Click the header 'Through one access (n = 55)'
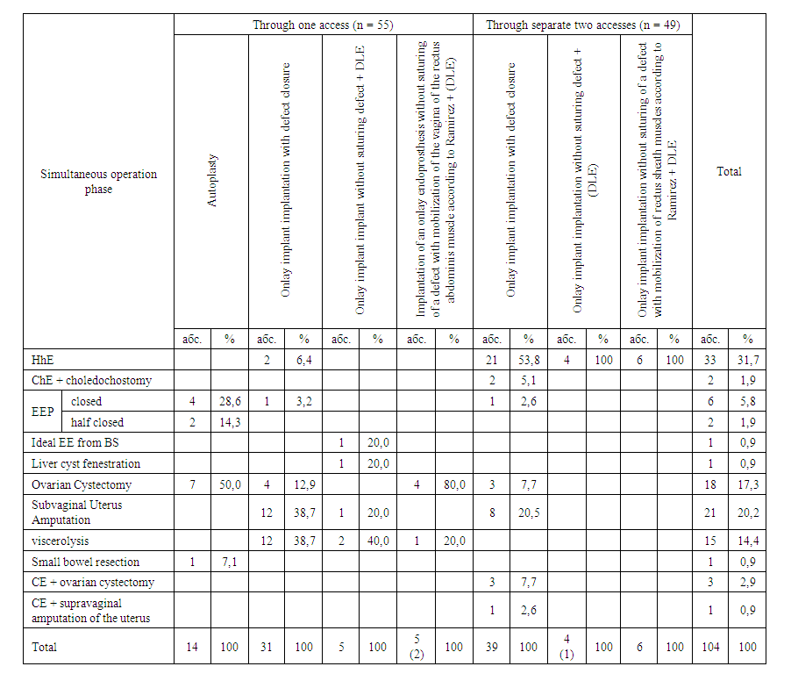click(x=323, y=25)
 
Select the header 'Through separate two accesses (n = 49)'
click(x=582, y=25)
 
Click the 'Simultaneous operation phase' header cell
click(x=98, y=181)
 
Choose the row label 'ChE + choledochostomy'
click(x=91, y=380)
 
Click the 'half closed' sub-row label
click(x=97, y=422)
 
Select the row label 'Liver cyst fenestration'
click(x=86, y=463)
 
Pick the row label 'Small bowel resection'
click(x=85, y=562)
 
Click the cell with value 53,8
click(x=529, y=359)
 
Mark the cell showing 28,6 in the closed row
click(x=229, y=401)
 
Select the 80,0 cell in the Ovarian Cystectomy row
click(x=453, y=484)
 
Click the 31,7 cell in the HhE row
click(x=748, y=359)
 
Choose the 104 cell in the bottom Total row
click(x=710, y=647)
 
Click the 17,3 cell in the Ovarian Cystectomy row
click(x=748, y=484)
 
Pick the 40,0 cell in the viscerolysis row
click(x=378, y=541)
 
